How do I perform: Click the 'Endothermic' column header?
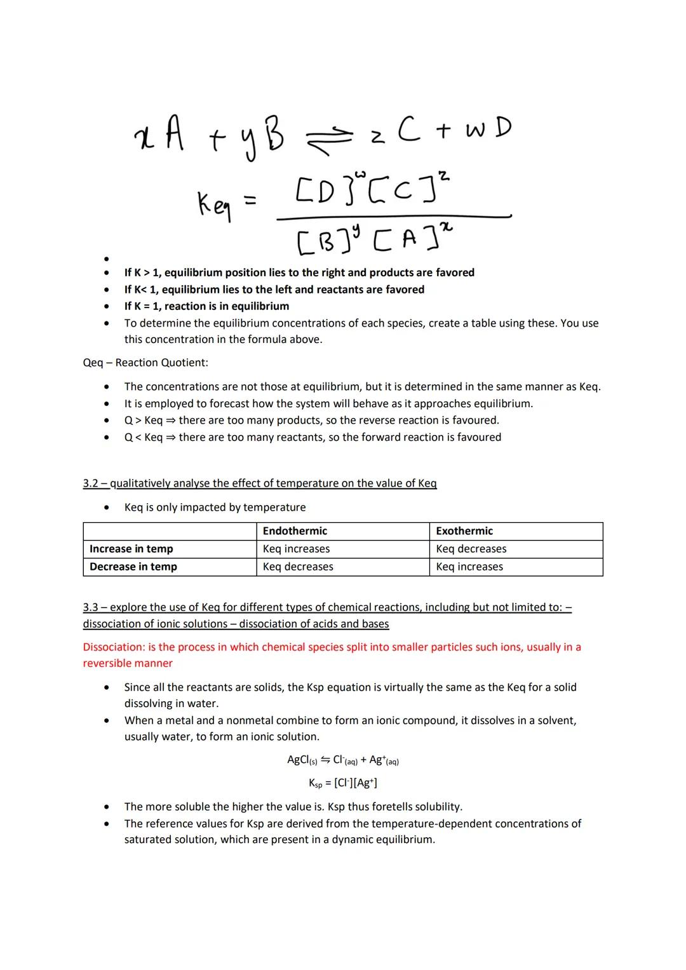tap(295, 531)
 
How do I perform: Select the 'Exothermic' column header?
tap(464, 531)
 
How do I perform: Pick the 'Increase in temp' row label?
tap(131, 549)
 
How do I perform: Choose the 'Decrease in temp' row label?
tap(133, 567)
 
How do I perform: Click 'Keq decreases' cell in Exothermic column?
tap(471, 549)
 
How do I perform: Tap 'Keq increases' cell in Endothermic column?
tap(296, 549)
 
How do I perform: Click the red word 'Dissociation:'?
tap(114, 647)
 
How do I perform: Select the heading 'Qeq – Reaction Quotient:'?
tap(145, 363)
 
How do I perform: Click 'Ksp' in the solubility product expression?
tap(315, 783)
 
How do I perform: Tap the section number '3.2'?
tap(91, 483)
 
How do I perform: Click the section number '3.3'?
tap(91, 607)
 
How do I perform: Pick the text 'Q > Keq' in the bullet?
tap(144, 421)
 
